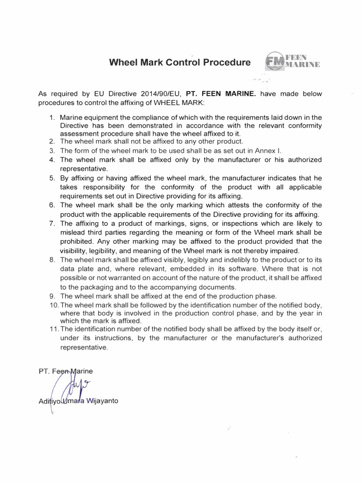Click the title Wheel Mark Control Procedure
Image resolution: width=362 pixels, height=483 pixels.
coord(180,62)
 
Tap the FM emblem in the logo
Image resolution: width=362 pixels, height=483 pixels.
coord(275,62)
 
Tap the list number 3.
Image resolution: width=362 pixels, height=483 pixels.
coord(52,150)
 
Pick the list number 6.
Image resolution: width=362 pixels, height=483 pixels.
coord(52,205)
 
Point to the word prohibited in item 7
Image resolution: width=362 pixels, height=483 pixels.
coord(77,241)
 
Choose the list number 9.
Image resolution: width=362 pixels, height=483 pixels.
coord(52,296)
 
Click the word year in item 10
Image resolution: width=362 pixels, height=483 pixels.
coord(306,313)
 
